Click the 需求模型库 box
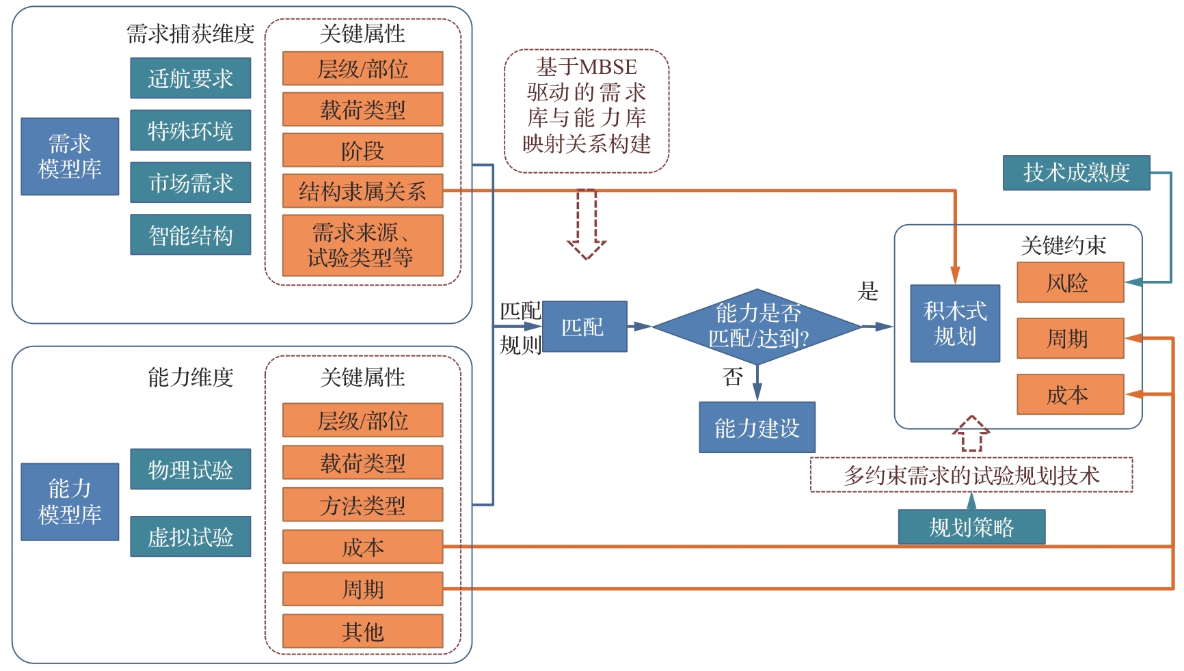click(x=70, y=156)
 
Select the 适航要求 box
click(x=191, y=78)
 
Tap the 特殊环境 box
click(x=191, y=130)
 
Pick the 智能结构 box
click(x=191, y=235)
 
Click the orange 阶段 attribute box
click(x=363, y=150)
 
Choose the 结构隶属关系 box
click(x=363, y=191)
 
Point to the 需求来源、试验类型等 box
click(x=363, y=245)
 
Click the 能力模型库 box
click(x=70, y=502)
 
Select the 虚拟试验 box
click(x=191, y=536)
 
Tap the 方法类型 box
click(x=363, y=505)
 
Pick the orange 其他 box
click(x=363, y=631)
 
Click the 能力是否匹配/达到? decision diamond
click(x=757, y=327)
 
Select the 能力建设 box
click(x=757, y=428)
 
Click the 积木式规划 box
click(x=955, y=323)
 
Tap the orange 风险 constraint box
click(x=1070, y=282)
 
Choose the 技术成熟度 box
click(x=1076, y=172)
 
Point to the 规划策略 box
click(x=971, y=527)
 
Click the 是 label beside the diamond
click(x=868, y=292)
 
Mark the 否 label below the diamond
click(x=733, y=376)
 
